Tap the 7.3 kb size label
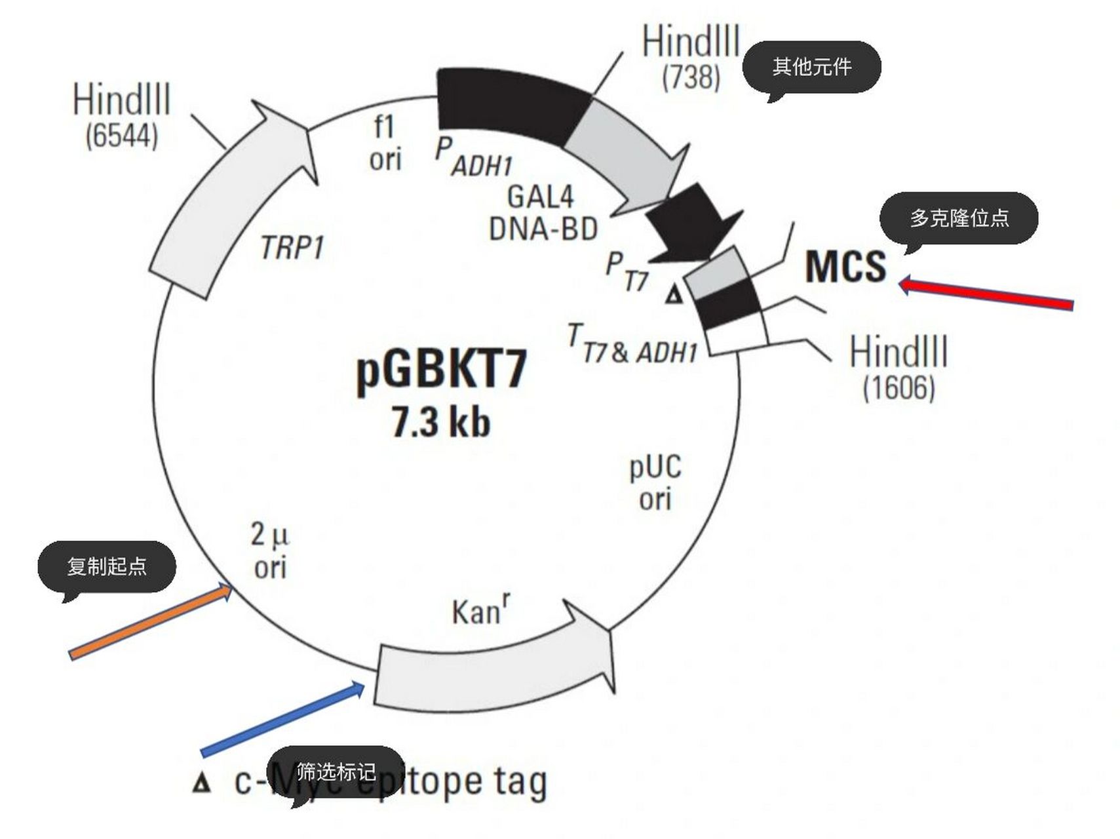[x=440, y=421]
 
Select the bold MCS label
[x=845, y=266]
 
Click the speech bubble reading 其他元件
[x=811, y=67]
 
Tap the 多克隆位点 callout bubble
[x=958, y=218]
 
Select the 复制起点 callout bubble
[x=107, y=566]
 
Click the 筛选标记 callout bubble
[x=336, y=771]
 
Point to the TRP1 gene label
[x=292, y=248]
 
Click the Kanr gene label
[x=480, y=611]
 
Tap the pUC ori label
[x=655, y=482]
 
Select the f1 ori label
[x=385, y=142]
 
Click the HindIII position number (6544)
[x=122, y=136]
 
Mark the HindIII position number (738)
[x=691, y=77]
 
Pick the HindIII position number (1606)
[x=898, y=387]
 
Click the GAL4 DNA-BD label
[x=543, y=212]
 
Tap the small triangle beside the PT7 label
[x=673, y=296]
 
